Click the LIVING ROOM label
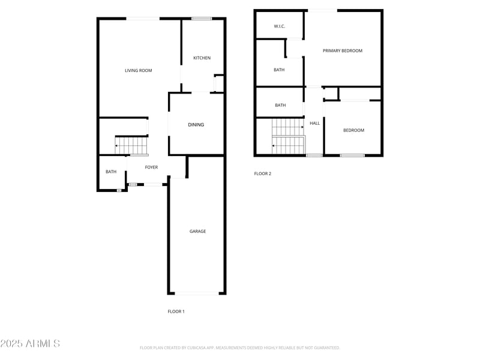pos(138,71)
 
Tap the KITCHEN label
pos(202,58)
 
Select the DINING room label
pos(196,125)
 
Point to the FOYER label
pos(151,167)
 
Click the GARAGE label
pos(198,232)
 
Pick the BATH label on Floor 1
pos(111,172)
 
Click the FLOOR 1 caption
pos(176,311)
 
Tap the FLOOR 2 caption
pos(263,174)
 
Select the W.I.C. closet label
pos(279,26)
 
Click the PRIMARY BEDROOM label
pos(343,51)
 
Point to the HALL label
pos(314,124)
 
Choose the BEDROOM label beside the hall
pos(353,131)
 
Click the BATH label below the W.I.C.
pos(279,70)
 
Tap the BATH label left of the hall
pos(280,106)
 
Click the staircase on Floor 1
pos(132,146)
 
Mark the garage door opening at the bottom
pos(197,293)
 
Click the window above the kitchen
pos(202,19)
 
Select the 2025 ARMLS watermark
pos(30,344)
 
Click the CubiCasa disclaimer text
pos(240,347)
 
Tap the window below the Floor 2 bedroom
pos(352,156)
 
